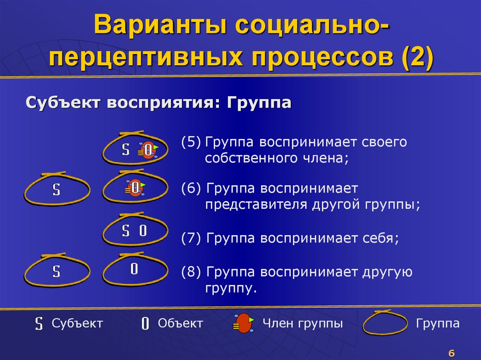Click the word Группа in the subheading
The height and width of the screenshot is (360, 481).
click(259, 102)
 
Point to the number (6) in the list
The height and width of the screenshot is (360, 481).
click(191, 188)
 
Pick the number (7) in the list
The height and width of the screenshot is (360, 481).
click(191, 238)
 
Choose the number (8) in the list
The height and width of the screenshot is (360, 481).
click(191, 272)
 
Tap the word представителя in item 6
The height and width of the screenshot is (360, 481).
click(254, 205)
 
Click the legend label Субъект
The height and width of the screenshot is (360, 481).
click(77, 323)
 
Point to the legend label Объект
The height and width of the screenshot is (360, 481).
click(180, 323)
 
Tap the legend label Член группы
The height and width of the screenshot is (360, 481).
click(303, 323)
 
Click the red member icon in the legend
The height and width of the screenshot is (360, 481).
click(243, 323)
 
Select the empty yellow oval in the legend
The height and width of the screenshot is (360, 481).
click(385, 323)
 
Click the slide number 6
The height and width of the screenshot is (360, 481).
click(452, 353)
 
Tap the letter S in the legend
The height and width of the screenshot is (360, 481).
click(39, 324)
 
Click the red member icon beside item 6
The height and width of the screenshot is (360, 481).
click(135, 188)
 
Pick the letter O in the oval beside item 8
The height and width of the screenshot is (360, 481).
click(134, 269)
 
